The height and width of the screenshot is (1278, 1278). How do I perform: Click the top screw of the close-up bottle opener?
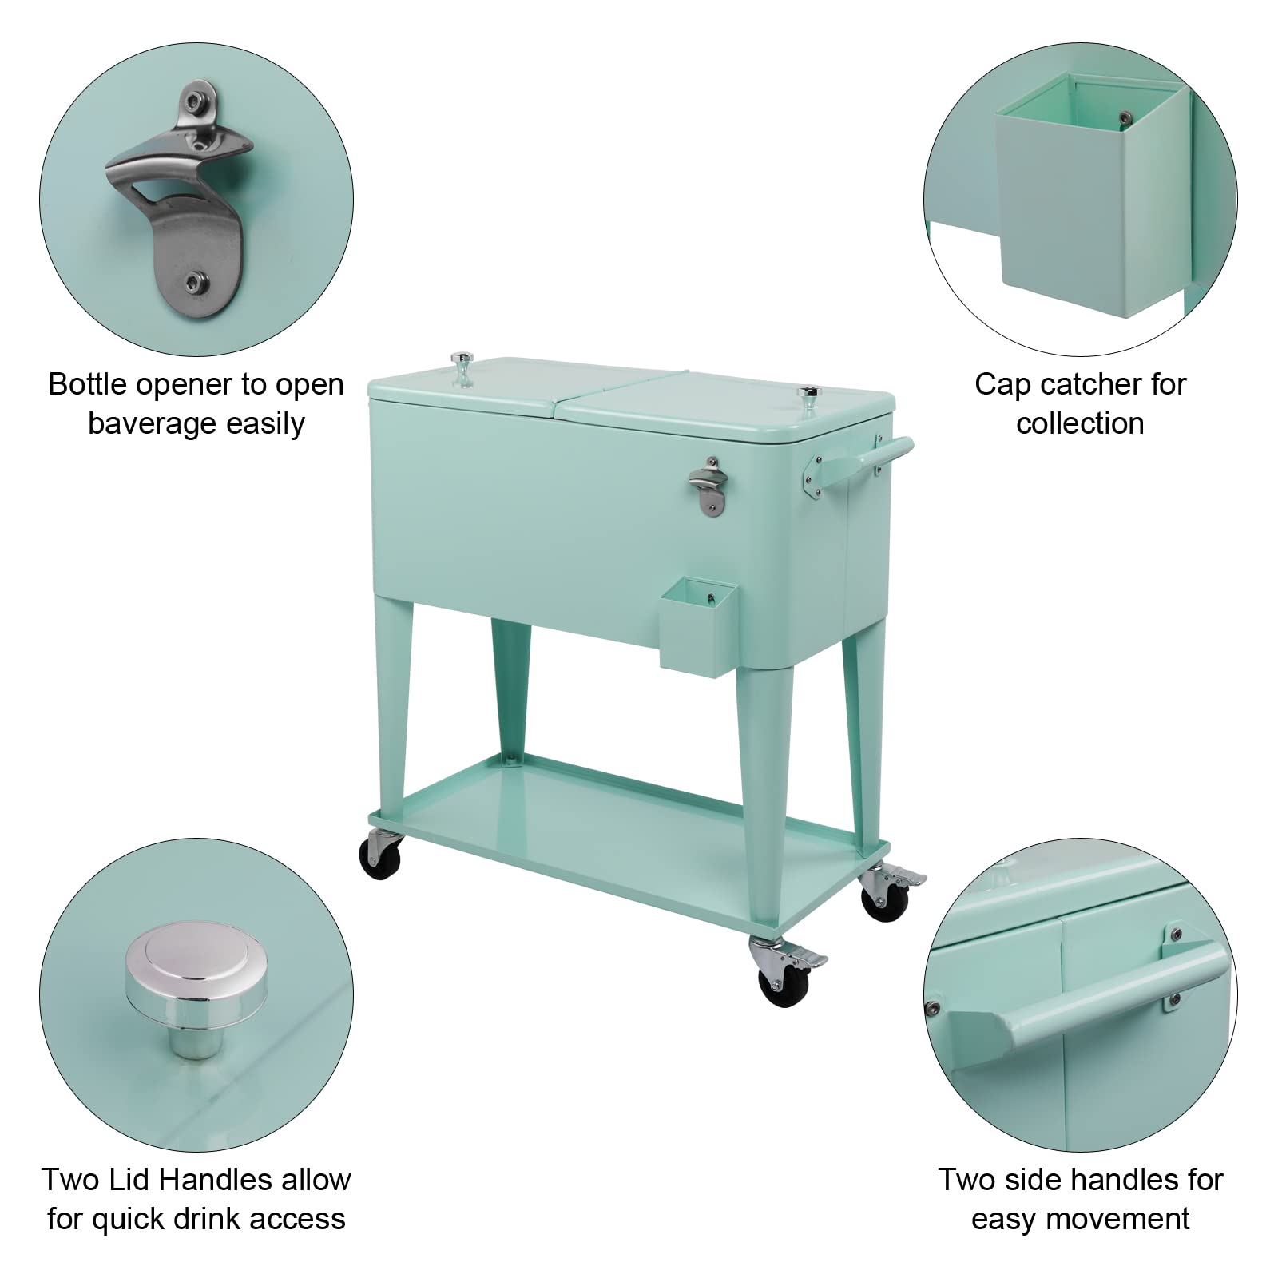click(x=193, y=101)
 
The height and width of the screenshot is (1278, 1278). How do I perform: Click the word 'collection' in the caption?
click(x=1080, y=423)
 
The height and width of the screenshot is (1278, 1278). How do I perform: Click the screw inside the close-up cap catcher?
click(x=1125, y=117)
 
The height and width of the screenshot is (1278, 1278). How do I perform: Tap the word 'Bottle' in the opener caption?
click(x=88, y=384)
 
